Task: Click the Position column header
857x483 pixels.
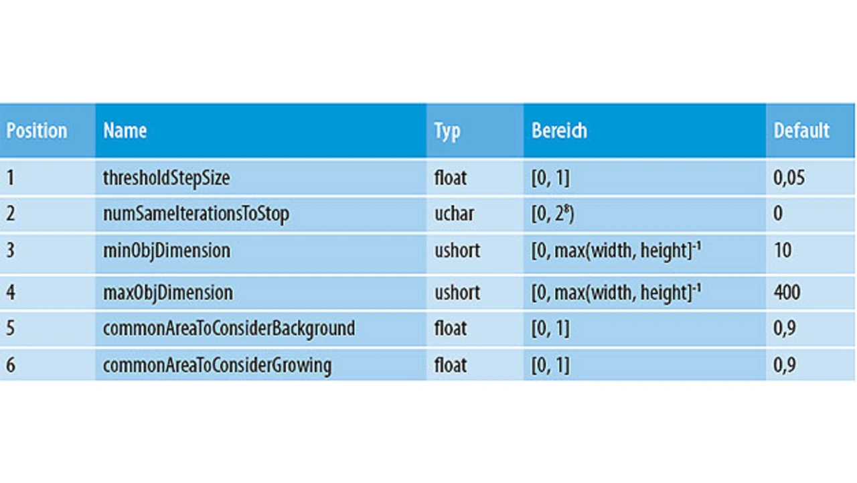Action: point(37,131)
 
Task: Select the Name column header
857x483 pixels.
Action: point(125,131)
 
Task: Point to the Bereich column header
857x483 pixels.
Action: point(559,131)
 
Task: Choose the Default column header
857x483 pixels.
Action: point(801,131)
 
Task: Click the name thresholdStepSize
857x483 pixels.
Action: point(167,178)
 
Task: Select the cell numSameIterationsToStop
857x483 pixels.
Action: point(196,214)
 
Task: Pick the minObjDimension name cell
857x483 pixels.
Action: point(167,251)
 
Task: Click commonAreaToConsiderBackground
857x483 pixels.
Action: point(229,328)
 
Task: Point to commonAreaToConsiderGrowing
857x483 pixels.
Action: point(218,365)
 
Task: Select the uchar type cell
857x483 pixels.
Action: point(454,214)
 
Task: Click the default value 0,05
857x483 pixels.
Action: point(789,178)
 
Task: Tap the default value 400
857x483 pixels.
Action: point(787,292)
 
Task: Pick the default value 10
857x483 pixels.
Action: point(783,251)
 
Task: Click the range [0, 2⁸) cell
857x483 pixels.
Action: point(553,214)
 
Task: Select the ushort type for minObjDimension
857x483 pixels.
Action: point(457,251)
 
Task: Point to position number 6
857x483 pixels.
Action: point(11,365)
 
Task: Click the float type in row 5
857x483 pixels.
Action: point(451,328)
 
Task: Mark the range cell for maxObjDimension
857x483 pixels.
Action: point(617,292)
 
